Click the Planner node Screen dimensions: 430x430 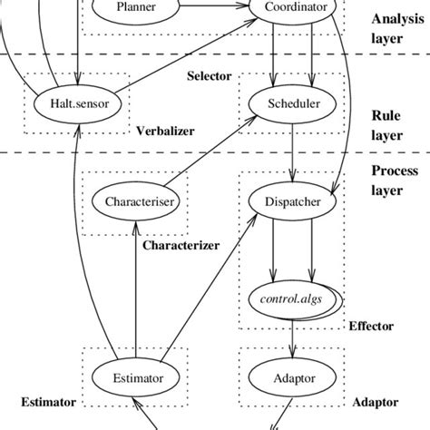click(x=136, y=8)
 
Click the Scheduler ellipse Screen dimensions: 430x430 click(x=294, y=104)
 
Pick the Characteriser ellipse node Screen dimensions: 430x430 click(x=136, y=200)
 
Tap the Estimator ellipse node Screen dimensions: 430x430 click(x=136, y=377)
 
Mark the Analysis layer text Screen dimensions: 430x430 click(x=395, y=29)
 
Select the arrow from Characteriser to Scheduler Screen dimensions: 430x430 click(x=214, y=154)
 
